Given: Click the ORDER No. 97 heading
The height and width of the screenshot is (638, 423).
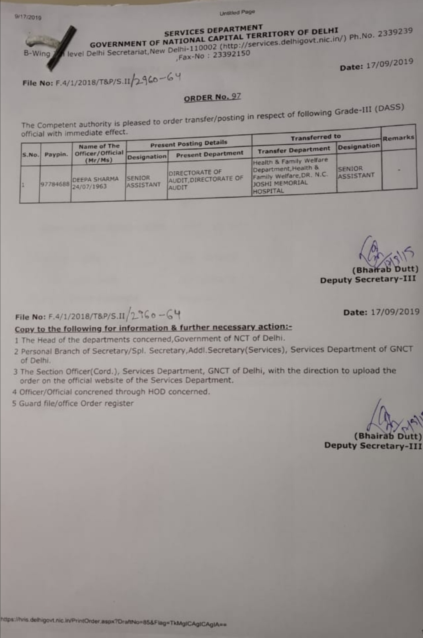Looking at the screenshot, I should [212, 97].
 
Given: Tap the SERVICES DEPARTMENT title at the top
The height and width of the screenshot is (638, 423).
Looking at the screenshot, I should [213, 30].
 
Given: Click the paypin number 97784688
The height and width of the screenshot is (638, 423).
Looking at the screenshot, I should [55, 184].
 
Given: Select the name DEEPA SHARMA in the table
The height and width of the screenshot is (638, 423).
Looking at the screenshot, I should [95, 179].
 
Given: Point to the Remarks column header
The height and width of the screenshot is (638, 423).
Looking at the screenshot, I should [398, 138].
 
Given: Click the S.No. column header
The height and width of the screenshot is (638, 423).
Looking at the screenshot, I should [31, 155].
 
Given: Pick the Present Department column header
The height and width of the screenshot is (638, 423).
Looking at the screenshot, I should [210, 154].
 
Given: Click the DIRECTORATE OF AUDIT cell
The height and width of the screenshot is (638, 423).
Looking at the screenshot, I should [206, 179].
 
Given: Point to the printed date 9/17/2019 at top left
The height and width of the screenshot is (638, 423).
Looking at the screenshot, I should [28, 17].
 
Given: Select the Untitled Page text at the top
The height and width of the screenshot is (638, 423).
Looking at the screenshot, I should [237, 13].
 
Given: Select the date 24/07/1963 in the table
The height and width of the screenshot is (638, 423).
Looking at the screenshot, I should [89, 187].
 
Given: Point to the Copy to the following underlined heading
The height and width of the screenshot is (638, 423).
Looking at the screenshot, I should [153, 328].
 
